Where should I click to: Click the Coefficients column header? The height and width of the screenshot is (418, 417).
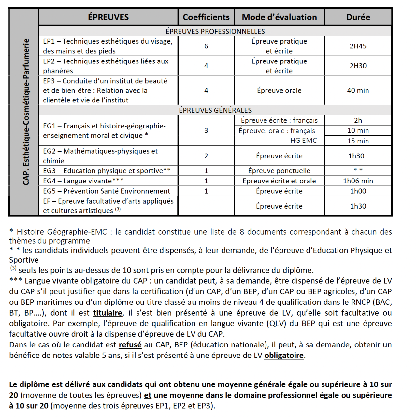[206, 17]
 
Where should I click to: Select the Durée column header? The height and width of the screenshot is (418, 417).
[358, 17]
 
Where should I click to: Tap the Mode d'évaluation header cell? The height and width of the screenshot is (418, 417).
[279, 17]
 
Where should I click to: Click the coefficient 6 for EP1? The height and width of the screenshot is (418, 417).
[206, 46]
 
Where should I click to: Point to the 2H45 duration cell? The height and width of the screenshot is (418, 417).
[358, 46]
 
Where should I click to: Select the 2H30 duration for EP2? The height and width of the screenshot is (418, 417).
[358, 66]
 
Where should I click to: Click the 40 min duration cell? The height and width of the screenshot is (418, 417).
[358, 90]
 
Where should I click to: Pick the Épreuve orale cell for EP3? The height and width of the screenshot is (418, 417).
[279, 90]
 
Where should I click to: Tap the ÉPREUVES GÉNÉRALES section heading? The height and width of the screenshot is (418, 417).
[215, 110]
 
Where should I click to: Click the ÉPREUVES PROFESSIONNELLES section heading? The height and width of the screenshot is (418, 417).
[215, 31]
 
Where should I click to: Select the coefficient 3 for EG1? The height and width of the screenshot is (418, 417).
[206, 130]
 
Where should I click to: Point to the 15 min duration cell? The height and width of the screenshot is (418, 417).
[358, 141]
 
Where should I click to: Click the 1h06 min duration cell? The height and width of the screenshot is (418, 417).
[358, 181]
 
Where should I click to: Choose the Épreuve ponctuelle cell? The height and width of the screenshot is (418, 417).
[279, 171]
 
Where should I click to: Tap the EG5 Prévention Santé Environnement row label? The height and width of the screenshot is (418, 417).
[107, 191]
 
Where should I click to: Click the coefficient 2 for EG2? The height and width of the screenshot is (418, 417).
[206, 156]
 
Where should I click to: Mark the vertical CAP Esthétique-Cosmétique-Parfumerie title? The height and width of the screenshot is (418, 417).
[26, 112]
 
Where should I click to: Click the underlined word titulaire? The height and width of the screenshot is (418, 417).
[108, 313]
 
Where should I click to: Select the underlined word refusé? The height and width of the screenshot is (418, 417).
[130, 345]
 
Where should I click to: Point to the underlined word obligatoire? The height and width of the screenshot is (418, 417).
[284, 356]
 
